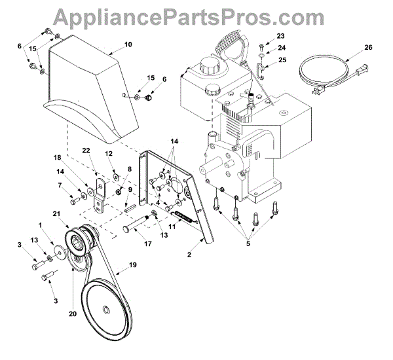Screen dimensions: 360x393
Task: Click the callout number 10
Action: coord(128,45)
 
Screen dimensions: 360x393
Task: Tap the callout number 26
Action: coord(368,46)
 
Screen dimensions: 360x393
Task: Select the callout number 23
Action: coord(281,35)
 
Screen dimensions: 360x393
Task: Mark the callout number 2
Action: coord(190,250)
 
